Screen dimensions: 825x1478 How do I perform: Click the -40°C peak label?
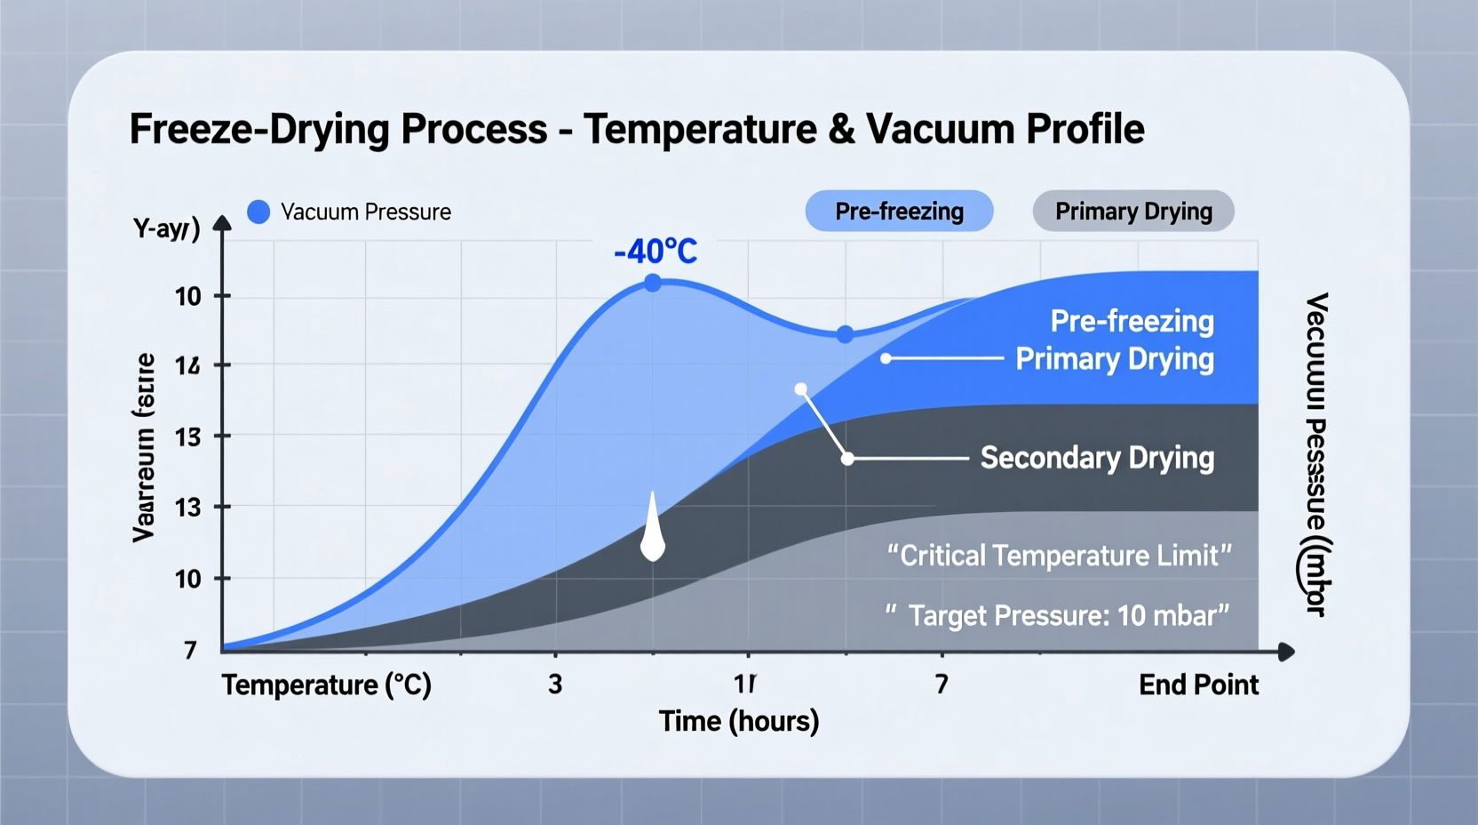pos(656,252)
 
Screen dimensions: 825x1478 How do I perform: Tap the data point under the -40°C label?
pos(653,283)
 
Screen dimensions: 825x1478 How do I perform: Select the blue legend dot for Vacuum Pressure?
pos(258,212)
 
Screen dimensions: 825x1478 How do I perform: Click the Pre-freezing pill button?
pos(899,212)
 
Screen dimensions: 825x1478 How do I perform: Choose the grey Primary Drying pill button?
pos(1133,212)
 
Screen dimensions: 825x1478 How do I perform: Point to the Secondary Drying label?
pos(1097,458)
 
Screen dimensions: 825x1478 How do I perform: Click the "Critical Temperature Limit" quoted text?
pos(1059,556)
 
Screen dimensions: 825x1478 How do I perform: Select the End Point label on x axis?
pos(1198,685)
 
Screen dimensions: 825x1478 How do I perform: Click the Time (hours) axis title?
pos(738,721)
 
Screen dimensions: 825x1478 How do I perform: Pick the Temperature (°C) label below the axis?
pos(326,685)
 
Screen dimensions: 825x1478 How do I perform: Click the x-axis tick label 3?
pos(555,685)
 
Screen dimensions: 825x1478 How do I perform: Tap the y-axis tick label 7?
pos(190,650)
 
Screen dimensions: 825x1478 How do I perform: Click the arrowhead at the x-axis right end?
pos(1286,653)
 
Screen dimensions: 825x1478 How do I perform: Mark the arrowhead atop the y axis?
pos(223,223)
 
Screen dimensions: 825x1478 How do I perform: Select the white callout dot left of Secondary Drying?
pos(847,459)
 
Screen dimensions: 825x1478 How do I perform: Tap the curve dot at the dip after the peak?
pos(846,334)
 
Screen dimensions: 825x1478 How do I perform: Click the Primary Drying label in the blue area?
pos(1114,359)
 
